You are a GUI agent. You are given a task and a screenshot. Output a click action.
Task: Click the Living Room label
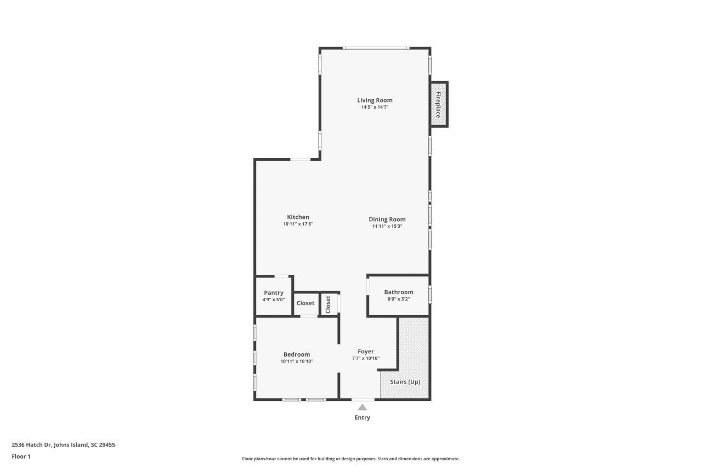[375, 100]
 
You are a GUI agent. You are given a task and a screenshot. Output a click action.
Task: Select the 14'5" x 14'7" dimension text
[375, 108]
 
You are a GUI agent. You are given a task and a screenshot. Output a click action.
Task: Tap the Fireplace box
[439, 104]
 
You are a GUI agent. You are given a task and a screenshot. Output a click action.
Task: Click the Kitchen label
[298, 217]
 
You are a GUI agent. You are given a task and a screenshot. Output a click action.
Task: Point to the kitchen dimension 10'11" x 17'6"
[298, 224]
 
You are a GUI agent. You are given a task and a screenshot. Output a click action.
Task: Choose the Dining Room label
[387, 219]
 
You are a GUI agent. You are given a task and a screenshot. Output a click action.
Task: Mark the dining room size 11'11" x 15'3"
[387, 226]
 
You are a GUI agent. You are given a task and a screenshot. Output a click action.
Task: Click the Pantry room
[273, 293]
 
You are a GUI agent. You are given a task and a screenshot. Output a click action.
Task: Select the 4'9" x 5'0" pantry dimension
[273, 300]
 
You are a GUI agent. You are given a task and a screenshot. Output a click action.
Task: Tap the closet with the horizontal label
[305, 303]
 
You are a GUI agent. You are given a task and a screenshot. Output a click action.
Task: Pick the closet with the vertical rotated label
[329, 304]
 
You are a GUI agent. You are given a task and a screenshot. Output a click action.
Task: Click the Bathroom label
[399, 292]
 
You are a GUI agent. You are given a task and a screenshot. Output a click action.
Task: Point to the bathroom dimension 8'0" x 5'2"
[399, 300]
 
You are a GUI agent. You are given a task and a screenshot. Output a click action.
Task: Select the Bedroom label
[297, 354]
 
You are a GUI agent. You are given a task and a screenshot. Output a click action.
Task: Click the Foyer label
[366, 352]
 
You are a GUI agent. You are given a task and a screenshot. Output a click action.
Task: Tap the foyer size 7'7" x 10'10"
[366, 358]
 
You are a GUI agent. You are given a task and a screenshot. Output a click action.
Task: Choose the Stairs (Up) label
[405, 381]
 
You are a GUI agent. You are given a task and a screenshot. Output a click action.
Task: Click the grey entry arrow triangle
[362, 407]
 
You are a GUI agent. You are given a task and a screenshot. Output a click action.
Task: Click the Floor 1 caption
[21, 456]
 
